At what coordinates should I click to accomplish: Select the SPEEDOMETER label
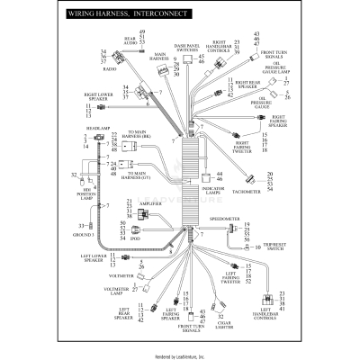point(225,217)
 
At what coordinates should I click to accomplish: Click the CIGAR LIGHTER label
point(201,325)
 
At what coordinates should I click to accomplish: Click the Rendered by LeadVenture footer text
point(180,355)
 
